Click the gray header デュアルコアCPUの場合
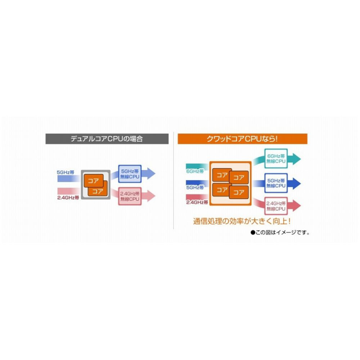[x=107, y=139]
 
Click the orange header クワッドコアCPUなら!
[x=242, y=139]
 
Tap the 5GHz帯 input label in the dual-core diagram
[x=66, y=172]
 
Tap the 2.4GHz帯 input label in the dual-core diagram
[x=68, y=198]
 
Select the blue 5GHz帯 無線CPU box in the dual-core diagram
[x=130, y=174]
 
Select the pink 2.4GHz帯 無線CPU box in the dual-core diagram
[x=130, y=196]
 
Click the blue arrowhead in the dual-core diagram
[x=151, y=174]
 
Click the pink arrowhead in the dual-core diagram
[x=151, y=196]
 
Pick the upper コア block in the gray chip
[x=94, y=180]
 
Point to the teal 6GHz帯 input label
[x=195, y=171]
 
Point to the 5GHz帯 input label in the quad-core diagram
[x=195, y=188]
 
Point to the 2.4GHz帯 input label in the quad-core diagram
[x=197, y=202]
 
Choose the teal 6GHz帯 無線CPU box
[x=276, y=158]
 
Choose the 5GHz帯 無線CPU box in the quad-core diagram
[x=276, y=183]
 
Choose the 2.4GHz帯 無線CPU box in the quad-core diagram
[x=276, y=206]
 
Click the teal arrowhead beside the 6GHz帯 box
[x=296, y=159]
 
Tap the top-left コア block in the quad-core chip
[x=222, y=175]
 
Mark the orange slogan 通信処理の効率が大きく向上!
[x=242, y=221]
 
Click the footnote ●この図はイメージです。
[x=280, y=233]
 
